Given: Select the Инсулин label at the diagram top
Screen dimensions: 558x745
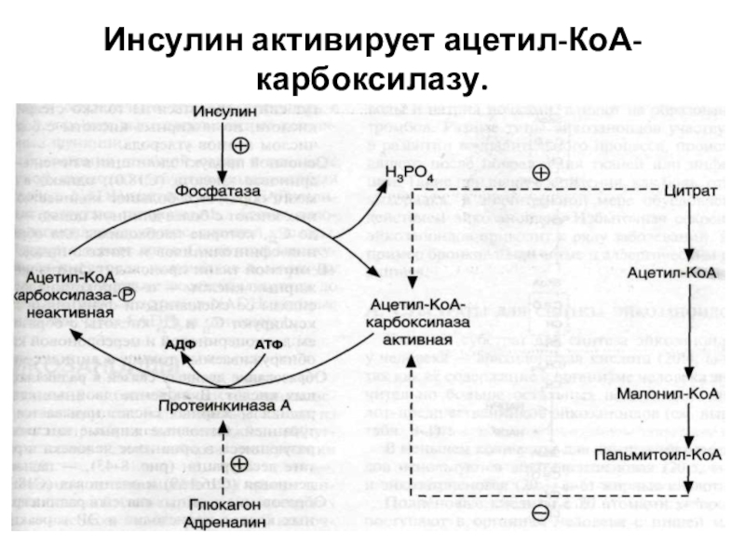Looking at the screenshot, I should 225,111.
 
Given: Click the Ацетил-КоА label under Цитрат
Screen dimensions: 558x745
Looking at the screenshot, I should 684,273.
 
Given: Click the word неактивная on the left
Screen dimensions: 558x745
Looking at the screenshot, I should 67,313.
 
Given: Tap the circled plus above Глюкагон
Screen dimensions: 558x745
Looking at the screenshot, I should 239,463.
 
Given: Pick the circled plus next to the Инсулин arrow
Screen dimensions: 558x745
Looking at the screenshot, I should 239,146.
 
